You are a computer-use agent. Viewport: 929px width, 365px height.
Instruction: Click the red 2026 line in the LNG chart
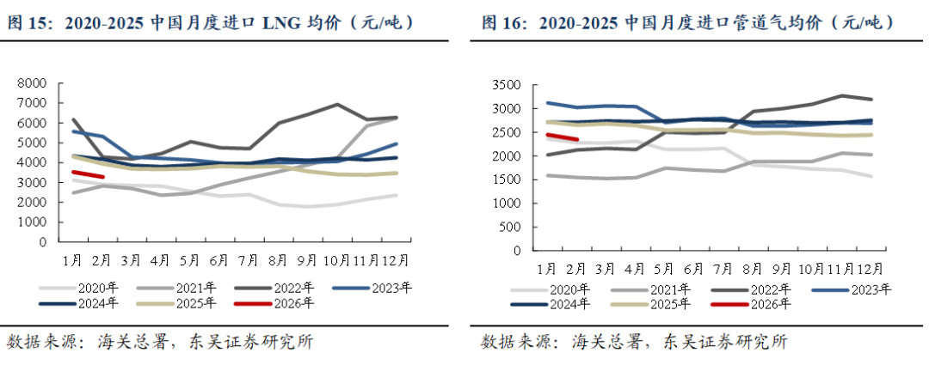[88, 175]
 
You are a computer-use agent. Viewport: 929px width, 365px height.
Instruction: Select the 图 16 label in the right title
[502, 22]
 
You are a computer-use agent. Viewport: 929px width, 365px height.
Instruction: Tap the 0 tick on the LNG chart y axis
[40, 242]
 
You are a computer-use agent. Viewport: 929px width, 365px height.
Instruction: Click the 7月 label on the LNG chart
[248, 259]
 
